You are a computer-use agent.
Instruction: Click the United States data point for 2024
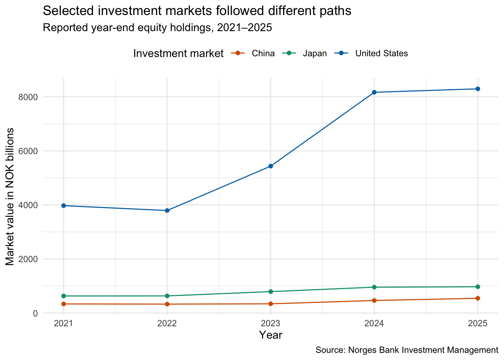374,92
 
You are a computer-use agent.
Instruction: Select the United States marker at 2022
167,211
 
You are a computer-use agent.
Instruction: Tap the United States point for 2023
271,166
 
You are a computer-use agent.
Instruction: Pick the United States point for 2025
478,89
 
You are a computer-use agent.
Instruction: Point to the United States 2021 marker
64,205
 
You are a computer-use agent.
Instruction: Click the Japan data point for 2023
271,292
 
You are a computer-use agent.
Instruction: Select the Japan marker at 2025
478,286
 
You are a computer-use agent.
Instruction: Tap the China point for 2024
374,300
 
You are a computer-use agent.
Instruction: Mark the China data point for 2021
64,304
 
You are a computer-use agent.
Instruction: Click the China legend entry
253,53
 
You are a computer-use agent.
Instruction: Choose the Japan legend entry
304,53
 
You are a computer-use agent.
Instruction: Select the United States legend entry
371,53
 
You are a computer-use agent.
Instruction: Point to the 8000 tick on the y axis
28,97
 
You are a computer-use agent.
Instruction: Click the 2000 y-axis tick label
28,259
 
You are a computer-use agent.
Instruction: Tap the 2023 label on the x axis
270,324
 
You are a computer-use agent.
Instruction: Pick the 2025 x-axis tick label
478,324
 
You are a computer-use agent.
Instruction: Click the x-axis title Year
270,335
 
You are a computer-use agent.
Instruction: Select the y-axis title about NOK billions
9,197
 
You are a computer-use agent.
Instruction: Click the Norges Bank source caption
407,350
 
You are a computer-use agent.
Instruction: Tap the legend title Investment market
178,54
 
